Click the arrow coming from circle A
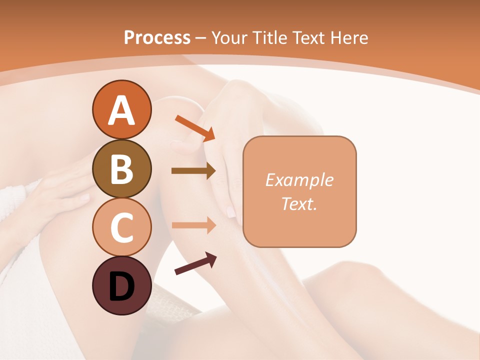click(x=195, y=127)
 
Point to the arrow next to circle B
click(x=193, y=171)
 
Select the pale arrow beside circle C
click(x=193, y=225)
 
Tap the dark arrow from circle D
click(x=195, y=264)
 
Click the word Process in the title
click(x=157, y=37)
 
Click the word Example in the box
click(x=299, y=180)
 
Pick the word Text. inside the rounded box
click(x=299, y=203)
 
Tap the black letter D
click(x=121, y=287)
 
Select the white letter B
click(x=121, y=169)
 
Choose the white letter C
click(x=121, y=227)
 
